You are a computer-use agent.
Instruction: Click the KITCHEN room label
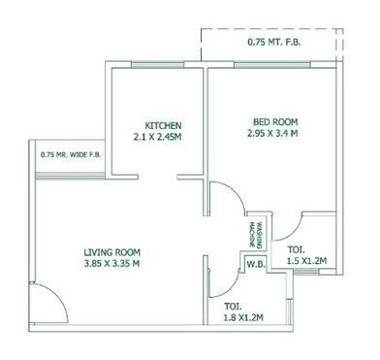pyautogui.click(x=164, y=126)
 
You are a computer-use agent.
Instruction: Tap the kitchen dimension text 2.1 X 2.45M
pyautogui.click(x=164, y=139)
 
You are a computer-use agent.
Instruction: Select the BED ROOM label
pyautogui.click(x=273, y=121)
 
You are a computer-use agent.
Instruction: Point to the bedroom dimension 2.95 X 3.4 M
pyautogui.click(x=273, y=134)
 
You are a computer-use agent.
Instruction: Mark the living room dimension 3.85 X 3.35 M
pyautogui.click(x=111, y=263)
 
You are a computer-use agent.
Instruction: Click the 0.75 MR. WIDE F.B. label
pyautogui.click(x=71, y=154)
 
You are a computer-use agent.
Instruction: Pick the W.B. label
pyautogui.click(x=256, y=264)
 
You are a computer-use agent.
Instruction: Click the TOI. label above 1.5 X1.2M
pyautogui.click(x=297, y=249)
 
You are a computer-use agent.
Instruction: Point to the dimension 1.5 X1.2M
pyautogui.click(x=307, y=261)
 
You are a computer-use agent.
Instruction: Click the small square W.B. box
pyautogui.click(x=256, y=265)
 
